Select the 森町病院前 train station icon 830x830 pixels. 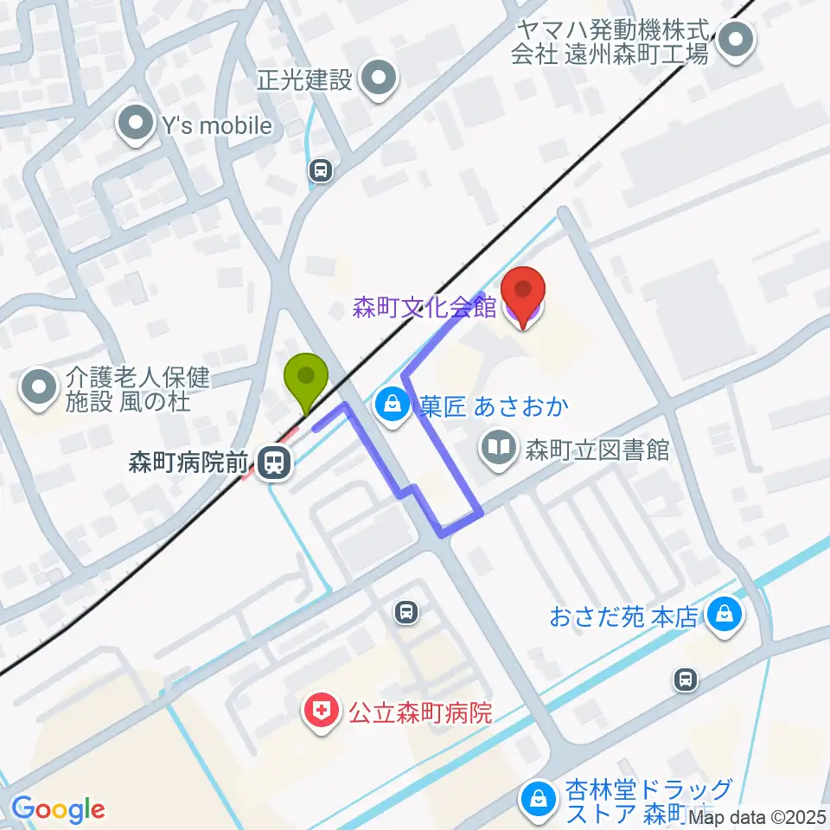274,463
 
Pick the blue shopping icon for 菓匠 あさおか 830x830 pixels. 393,405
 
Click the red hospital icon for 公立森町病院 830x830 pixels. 320,713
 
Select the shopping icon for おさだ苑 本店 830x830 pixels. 721,616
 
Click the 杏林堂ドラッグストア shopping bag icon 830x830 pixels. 539,800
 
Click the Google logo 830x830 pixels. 58,809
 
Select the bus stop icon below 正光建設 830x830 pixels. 321,171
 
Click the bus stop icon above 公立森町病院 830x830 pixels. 405,613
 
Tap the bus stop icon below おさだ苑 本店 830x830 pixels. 686,680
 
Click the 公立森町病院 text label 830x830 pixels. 420,714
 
